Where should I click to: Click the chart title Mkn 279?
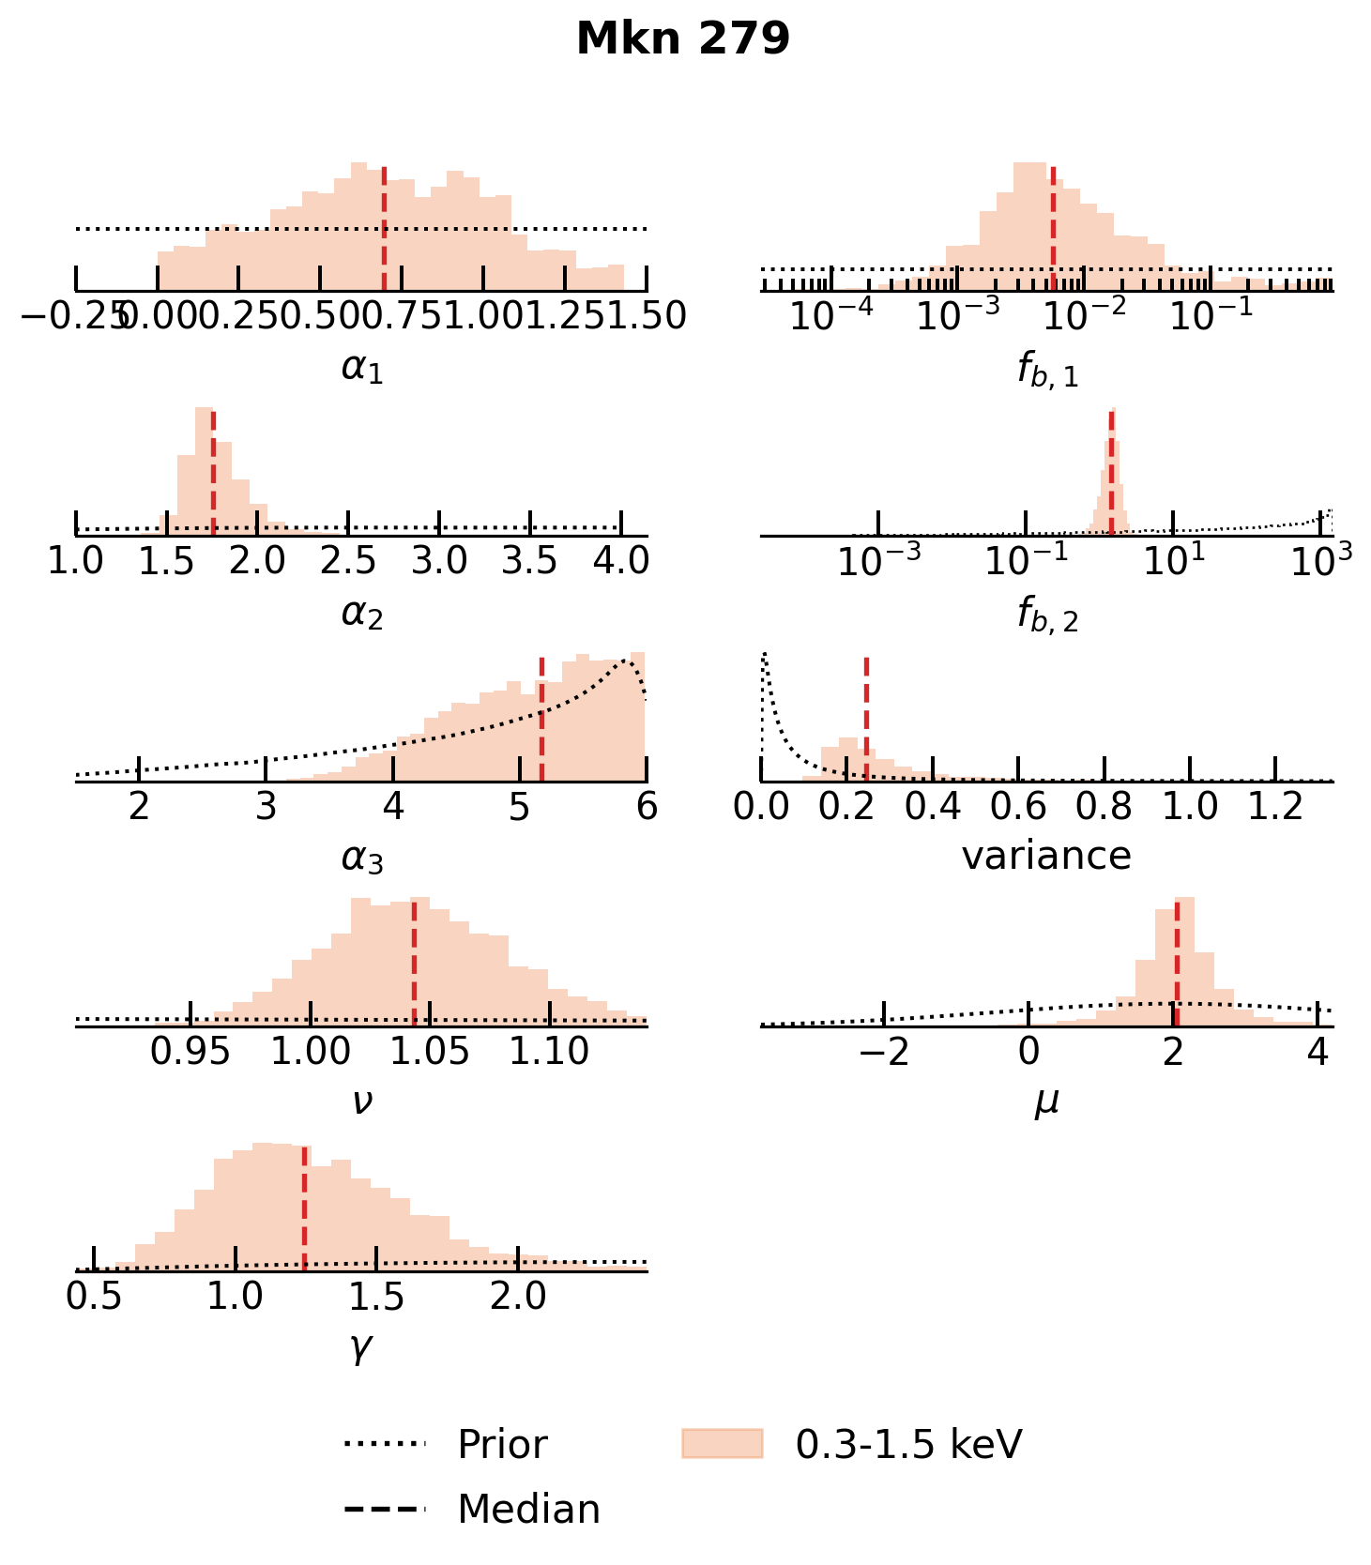(683, 39)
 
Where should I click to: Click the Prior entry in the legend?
(502, 1445)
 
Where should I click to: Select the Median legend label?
(528, 1510)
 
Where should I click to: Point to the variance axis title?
(1046, 856)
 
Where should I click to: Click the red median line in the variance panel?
(866, 718)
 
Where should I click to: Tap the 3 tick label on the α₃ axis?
(267, 806)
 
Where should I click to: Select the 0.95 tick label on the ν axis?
(190, 1052)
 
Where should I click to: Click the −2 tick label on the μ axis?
(884, 1052)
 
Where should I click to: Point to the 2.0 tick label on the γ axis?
(519, 1297)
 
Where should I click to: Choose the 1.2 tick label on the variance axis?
(1275, 806)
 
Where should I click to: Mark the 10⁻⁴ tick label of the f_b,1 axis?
(830, 317)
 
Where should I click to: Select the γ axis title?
(361, 1347)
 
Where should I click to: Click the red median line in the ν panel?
(414, 963)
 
